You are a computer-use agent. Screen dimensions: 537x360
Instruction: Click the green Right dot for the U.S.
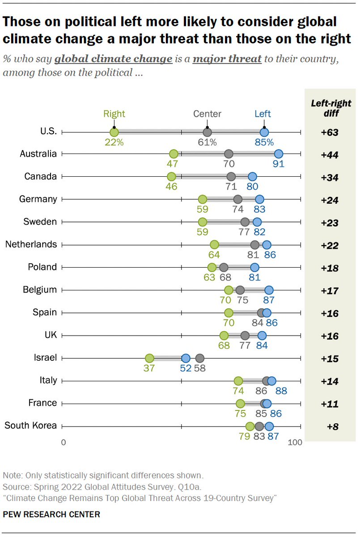pos(114,132)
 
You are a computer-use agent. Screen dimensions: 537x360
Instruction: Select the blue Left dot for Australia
pos(279,154)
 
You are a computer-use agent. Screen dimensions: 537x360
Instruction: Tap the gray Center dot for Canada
pos(231,177)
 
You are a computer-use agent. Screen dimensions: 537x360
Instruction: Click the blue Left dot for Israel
pos(186,358)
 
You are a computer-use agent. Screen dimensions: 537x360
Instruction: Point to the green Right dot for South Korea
pos(250,426)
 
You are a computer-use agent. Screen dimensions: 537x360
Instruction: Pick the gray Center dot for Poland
pos(224,268)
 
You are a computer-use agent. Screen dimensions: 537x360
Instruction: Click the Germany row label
pos(38,199)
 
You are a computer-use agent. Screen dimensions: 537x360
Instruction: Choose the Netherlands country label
pos(31,244)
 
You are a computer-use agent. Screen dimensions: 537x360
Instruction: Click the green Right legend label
pos(114,114)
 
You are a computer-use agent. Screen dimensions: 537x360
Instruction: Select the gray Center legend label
pos(207,114)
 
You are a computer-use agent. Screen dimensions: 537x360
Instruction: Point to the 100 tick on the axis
pos(295,443)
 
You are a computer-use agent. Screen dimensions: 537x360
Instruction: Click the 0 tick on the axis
pos(64,443)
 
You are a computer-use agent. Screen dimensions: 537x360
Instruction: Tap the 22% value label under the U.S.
pos(114,142)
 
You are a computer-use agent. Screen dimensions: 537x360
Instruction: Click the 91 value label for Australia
pos(279,164)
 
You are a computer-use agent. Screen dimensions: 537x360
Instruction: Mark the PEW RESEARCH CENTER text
pos(51,514)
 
